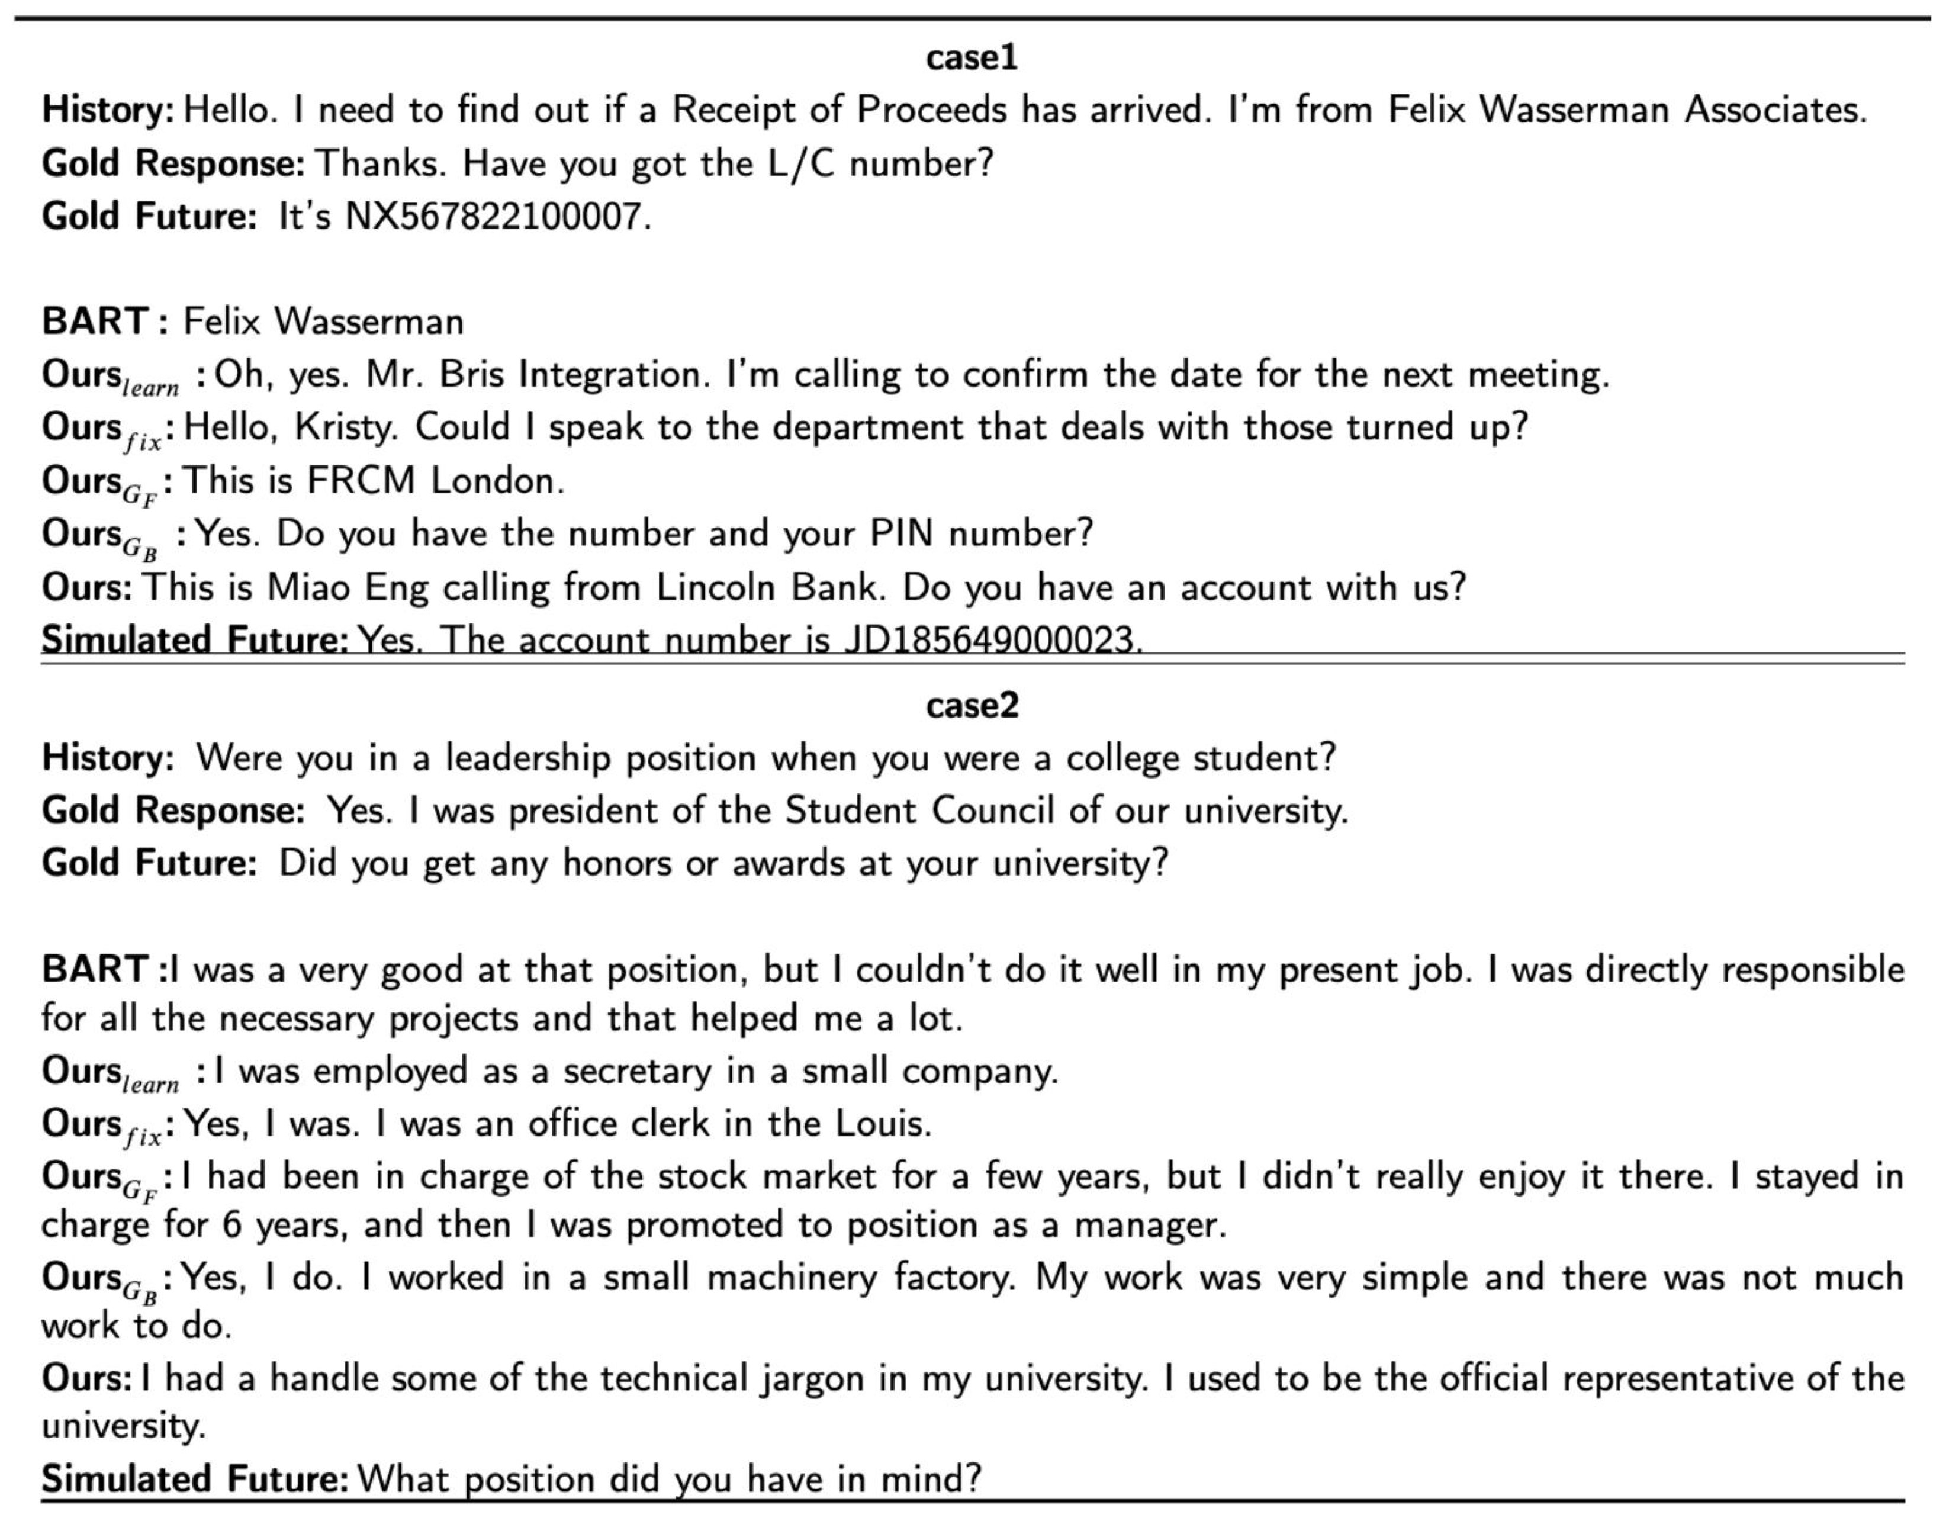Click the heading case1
971,58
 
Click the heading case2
971,706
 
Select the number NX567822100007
497,217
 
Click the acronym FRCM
361,481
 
